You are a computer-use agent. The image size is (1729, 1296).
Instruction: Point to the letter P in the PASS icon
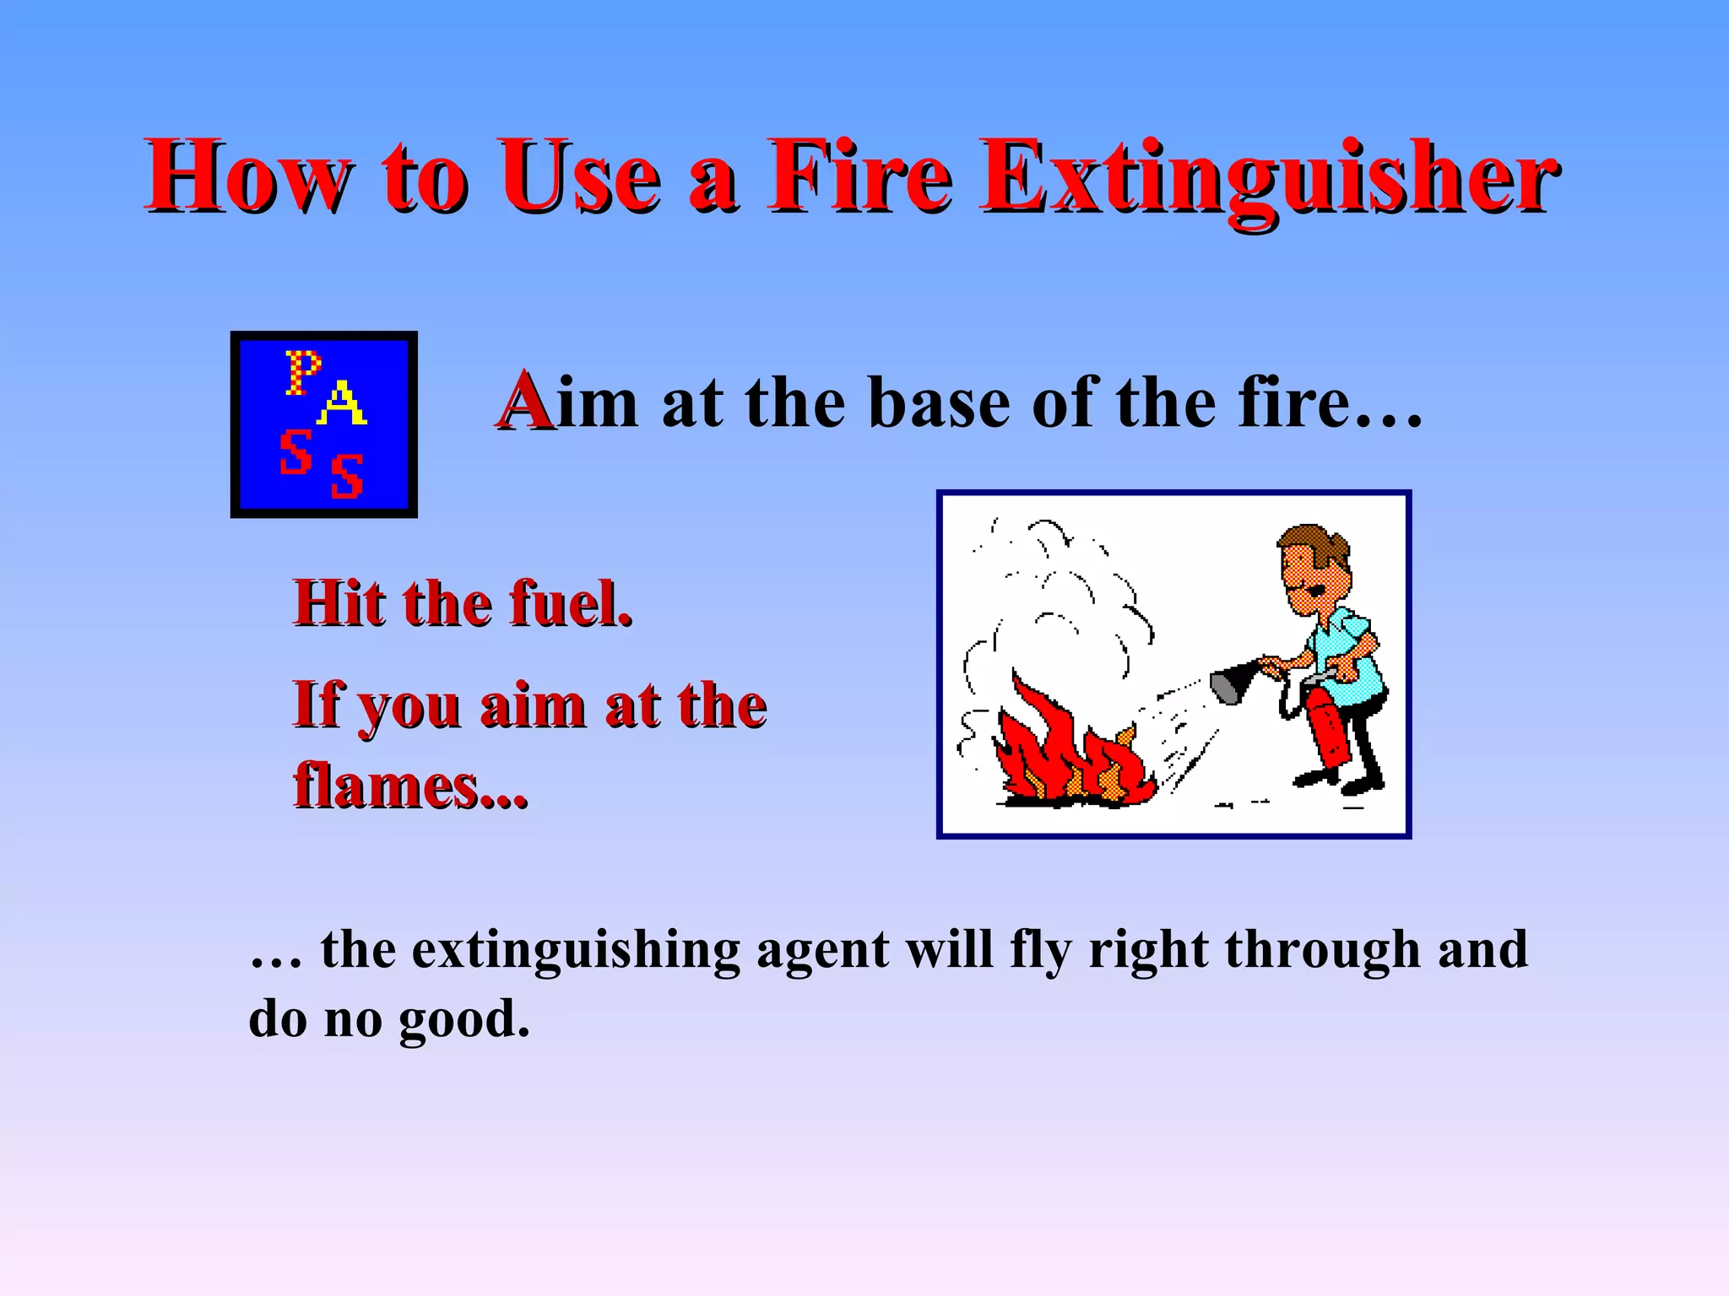[x=301, y=372]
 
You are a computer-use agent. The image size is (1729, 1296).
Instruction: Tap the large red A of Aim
[x=524, y=402]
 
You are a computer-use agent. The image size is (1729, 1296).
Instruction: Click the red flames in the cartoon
[x=1055, y=751]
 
